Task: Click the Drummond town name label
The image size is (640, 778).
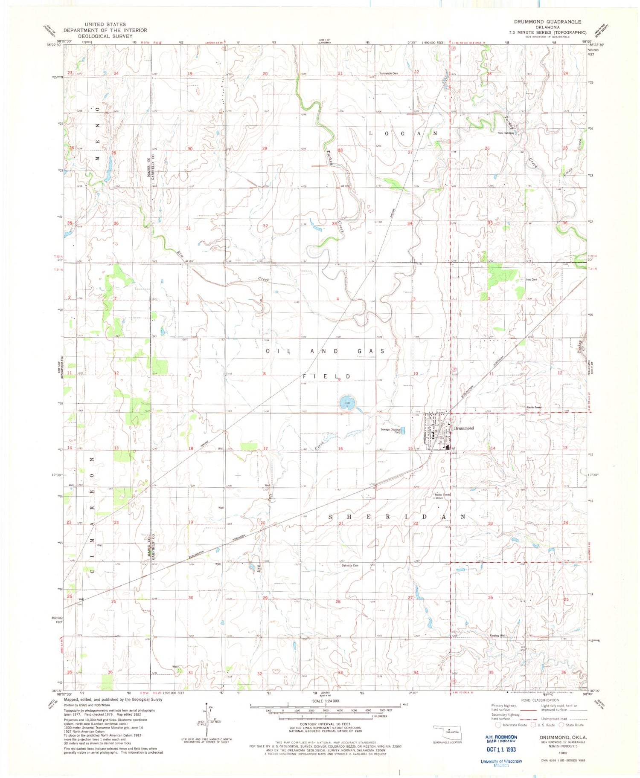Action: (464, 428)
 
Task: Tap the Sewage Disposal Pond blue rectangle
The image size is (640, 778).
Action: (404, 431)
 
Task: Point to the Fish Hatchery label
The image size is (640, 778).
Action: (506, 133)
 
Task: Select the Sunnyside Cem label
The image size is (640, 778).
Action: (389, 73)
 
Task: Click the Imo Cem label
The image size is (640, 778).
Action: (531, 280)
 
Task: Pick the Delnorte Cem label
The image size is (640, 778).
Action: (350, 565)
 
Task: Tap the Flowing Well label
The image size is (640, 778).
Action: (497, 636)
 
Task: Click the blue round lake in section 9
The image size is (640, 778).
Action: (346, 402)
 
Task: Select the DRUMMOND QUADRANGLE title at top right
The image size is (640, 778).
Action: (547, 22)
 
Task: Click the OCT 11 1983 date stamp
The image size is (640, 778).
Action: (501, 749)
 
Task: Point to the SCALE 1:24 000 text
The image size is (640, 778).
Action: (326, 701)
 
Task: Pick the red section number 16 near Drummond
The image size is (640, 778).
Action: (340, 448)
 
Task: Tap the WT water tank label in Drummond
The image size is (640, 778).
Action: (454, 448)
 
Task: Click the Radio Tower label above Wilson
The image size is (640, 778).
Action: (442, 495)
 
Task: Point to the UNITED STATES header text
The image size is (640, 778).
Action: (105, 24)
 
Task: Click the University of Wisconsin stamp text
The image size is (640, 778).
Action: (501, 761)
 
